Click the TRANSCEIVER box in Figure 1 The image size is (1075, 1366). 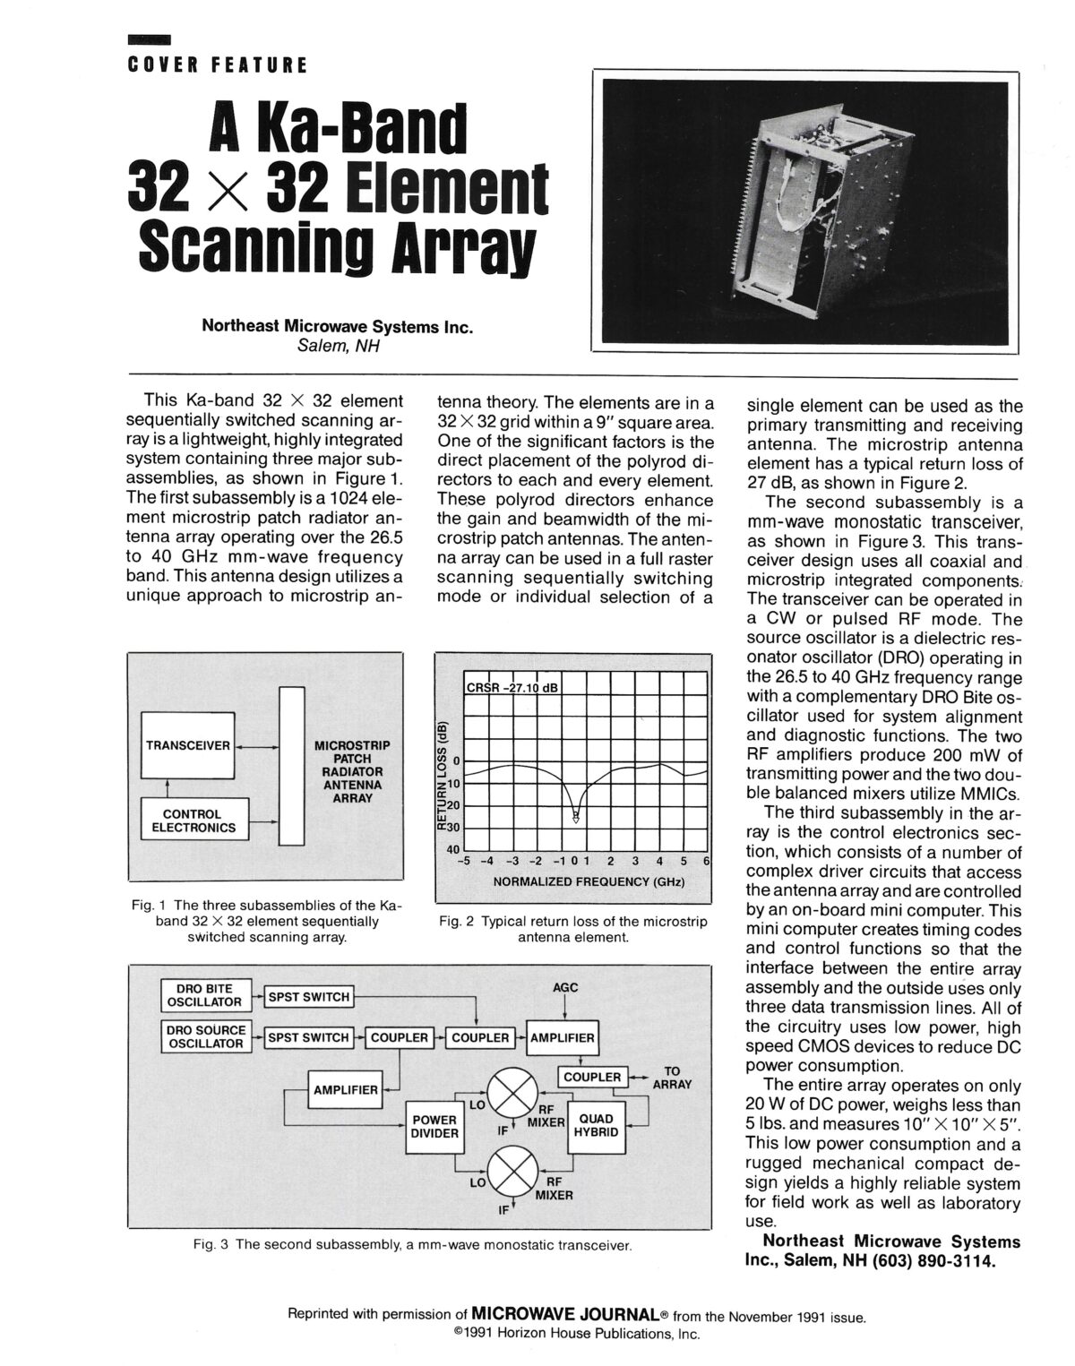click(x=188, y=745)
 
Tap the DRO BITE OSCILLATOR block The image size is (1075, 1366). click(x=204, y=995)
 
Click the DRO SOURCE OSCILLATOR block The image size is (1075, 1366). click(x=204, y=1036)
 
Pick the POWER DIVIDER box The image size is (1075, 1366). click(x=434, y=1126)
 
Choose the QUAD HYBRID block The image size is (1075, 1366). click(x=597, y=1125)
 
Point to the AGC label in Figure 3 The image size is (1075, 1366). click(x=566, y=987)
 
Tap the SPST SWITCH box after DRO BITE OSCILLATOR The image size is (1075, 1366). click(x=307, y=996)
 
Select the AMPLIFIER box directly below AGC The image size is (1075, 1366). click(x=563, y=1037)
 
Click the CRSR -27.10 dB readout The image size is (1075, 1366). click(x=512, y=688)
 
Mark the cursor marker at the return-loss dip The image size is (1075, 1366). click(x=576, y=816)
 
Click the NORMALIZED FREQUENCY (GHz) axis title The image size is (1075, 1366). click(x=589, y=881)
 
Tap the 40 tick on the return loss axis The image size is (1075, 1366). click(x=452, y=848)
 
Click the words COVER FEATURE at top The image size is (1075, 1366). click(x=217, y=64)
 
